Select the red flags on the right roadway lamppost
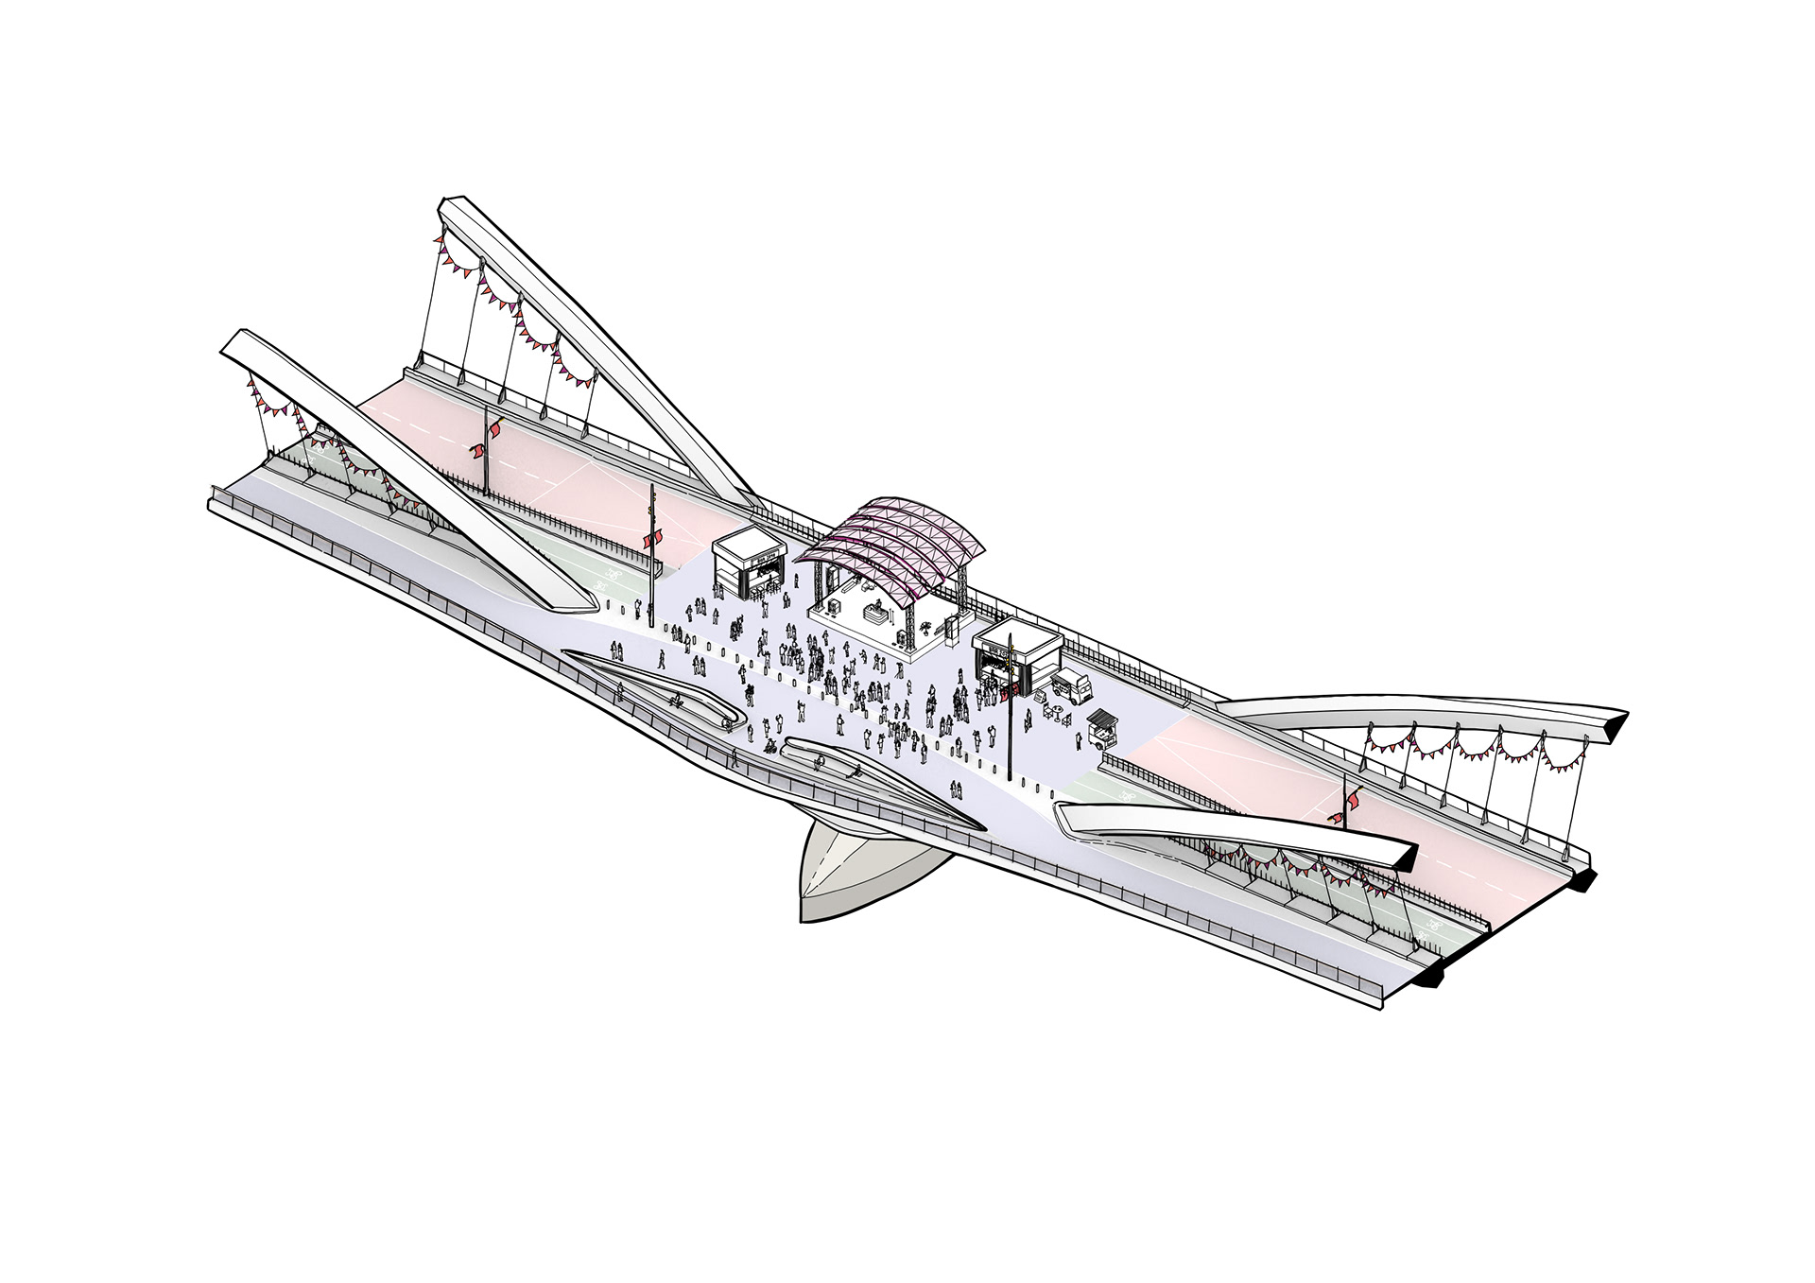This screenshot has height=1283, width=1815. click(x=1347, y=805)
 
